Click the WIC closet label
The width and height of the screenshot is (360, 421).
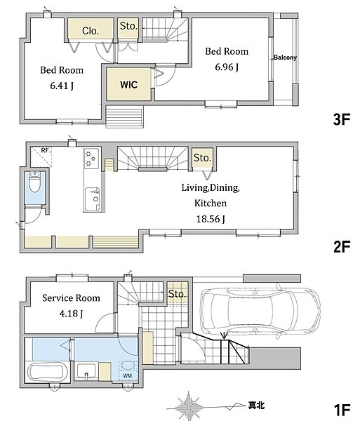tap(129, 85)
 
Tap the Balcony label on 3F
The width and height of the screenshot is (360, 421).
tap(285, 58)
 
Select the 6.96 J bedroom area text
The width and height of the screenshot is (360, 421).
tap(227, 67)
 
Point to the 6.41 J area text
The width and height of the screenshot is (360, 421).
tap(62, 86)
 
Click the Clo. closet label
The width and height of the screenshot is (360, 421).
tap(91, 31)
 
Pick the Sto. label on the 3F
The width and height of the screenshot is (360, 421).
tap(128, 26)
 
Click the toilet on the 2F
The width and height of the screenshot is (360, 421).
tap(34, 182)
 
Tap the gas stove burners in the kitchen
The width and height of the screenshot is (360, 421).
tap(91, 159)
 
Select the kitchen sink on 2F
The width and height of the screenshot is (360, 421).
tap(93, 199)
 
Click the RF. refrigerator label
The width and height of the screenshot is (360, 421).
tap(46, 151)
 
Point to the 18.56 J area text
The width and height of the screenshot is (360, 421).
tap(211, 219)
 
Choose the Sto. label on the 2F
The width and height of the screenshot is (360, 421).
tap(202, 158)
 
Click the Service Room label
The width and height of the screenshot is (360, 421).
tap(71, 298)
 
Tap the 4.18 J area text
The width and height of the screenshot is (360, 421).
tap(71, 314)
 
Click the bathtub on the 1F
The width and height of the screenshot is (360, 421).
tap(47, 372)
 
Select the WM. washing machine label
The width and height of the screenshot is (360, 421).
tap(128, 376)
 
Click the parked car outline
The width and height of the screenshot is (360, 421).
tap(260, 311)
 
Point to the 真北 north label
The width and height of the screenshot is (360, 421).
tap(256, 405)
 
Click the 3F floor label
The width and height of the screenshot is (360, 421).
tap(342, 119)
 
